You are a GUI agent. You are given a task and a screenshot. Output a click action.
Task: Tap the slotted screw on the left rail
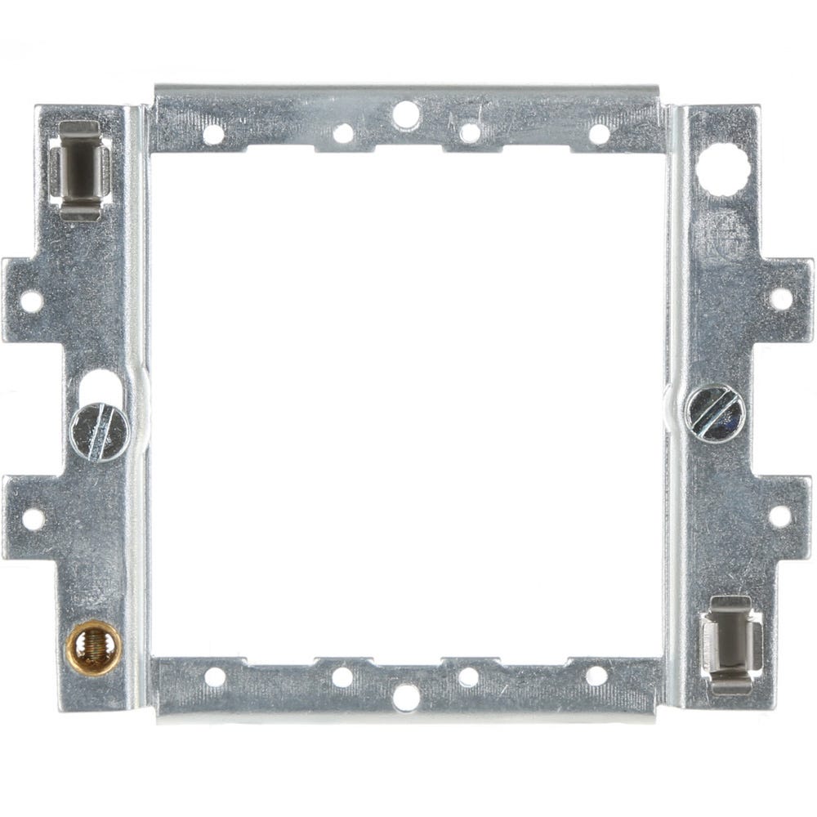pos(99,432)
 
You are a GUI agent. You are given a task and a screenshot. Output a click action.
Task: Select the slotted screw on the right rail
pos(715,413)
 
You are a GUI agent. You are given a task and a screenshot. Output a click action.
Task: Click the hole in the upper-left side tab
pos(31,301)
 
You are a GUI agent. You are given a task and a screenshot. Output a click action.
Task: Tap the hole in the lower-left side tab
pos(33,518)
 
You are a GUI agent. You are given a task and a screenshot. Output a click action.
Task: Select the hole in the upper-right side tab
pos(780,298)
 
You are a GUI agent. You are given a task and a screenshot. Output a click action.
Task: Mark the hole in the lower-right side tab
pos(779,516)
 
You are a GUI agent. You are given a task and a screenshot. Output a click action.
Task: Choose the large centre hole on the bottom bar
pos(405,697)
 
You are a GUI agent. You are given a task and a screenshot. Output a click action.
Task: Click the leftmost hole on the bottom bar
pos(215,676)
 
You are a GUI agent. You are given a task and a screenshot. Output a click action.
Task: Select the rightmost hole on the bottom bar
pos(596,676)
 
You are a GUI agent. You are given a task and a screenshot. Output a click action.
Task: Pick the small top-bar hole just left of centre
pos(344,132)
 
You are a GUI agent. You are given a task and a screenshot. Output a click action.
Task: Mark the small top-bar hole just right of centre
pos(469,132)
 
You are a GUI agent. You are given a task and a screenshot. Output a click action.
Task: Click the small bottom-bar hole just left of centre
pos(342,676)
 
